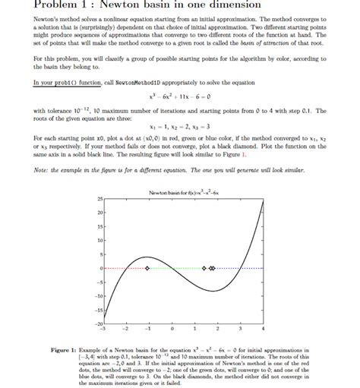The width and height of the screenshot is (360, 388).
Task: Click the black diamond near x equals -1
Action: tap(148, 269)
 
